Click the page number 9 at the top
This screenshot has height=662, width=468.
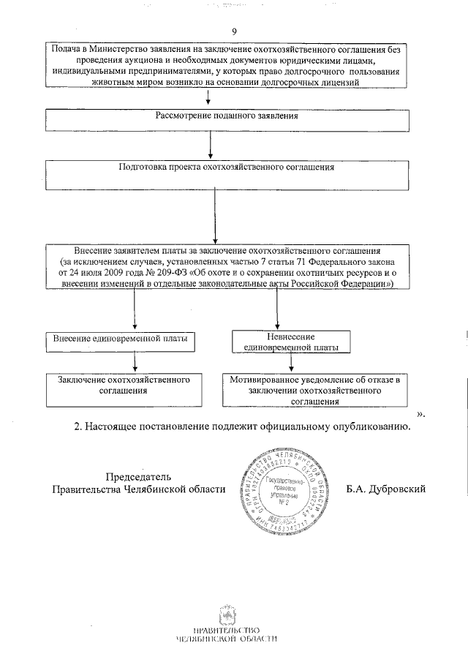click(234, 31)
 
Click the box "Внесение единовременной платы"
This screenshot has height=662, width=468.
click(120, 339)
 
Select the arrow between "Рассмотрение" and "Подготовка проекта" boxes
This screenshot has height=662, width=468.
click(210, 143)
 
